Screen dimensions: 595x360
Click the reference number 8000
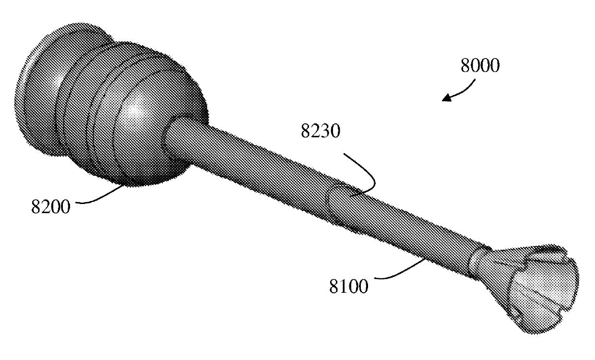pos(479,65)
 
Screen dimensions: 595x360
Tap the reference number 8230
pos(320,131)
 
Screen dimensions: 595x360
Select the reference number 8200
pos(50,208)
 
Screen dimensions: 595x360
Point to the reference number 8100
pos(349,287)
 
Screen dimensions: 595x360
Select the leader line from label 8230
pos(362,175)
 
